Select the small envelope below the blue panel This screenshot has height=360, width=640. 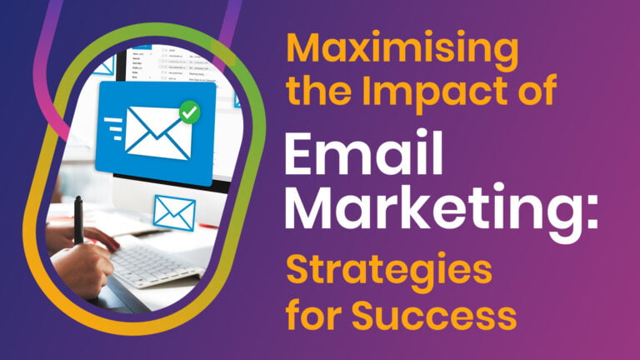click(174, 212)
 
